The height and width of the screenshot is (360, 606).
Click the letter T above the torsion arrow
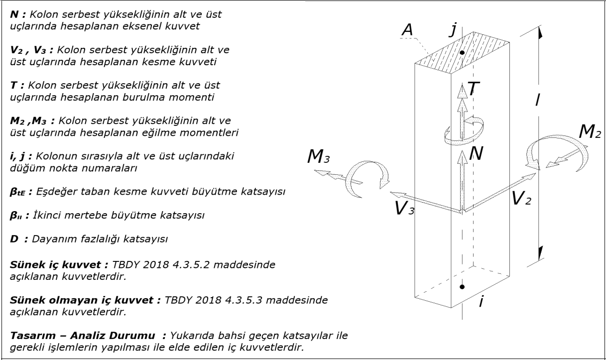pyautogui.click(x=473, y=91)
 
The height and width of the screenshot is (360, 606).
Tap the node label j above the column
pyautogui.click(x=453, y=30)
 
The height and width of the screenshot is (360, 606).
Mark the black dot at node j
pyautogui.click(x=463, y=52)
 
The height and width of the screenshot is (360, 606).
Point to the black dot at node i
pyautogui.click(x=463, y=287)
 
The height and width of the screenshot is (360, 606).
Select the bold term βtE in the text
pyautogui.click(x=20, y=193)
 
